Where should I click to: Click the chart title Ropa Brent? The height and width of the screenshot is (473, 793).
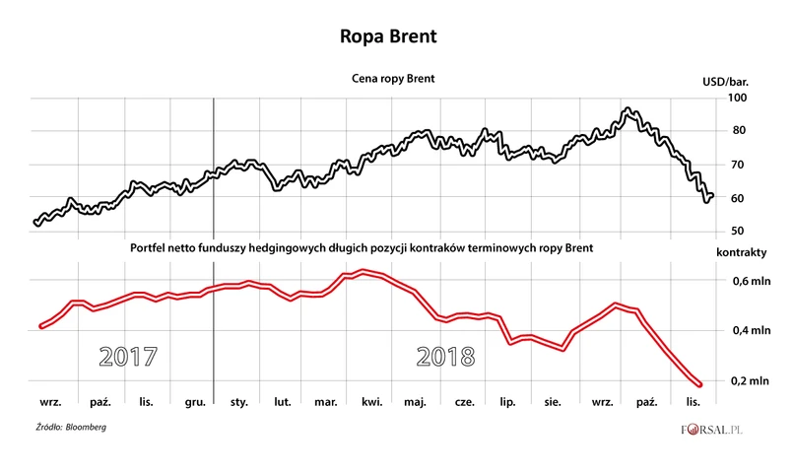(397, 35)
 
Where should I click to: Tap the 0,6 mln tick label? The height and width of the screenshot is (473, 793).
(745, 282)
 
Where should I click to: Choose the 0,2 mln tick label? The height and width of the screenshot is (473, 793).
(745, 381)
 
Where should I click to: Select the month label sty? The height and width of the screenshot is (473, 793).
(238, 403)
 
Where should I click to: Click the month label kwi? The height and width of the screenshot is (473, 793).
(372, 403)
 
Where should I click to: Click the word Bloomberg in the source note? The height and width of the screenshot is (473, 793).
(86, 427)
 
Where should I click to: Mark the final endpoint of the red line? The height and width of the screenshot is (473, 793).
(699, 384)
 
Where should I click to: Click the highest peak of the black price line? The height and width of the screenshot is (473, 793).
(628, 109)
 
